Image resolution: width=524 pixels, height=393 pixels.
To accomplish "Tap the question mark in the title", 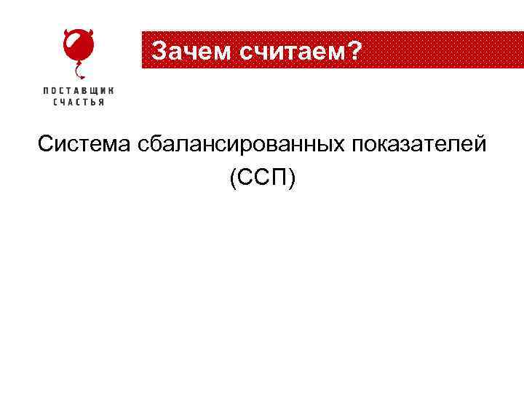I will pyautogui.click(x=354, y=49).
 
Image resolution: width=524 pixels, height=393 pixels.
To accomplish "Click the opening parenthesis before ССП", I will pyautogui.click(x=232, y=178).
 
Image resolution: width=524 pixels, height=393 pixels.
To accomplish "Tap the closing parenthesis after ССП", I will pyautogui.click(x=293, y=178).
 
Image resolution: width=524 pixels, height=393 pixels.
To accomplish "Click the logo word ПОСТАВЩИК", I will pyautogui.click(x=79, y=90).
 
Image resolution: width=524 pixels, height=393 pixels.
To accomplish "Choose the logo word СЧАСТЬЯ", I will pyautogui.click(x=79, y=103).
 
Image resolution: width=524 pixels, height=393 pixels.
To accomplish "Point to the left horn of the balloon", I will pyautogui.click(x=66, y=33).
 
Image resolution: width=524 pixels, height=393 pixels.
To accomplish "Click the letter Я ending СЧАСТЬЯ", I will pyautogui.click(x=101, y=103).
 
